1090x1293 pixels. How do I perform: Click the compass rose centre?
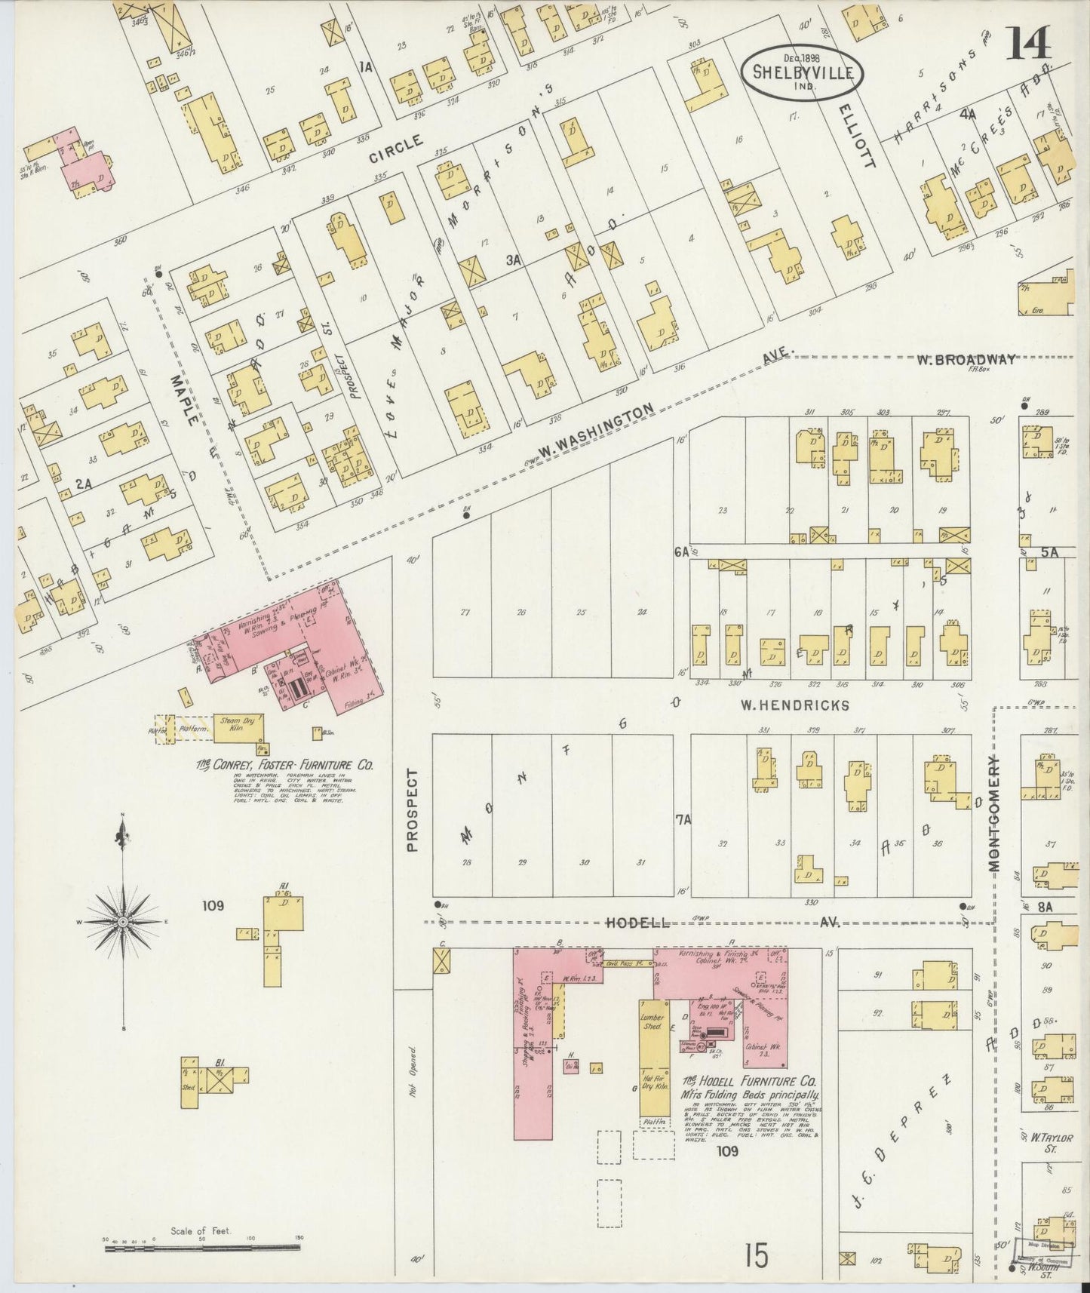pyautogui.click(x=122, y=922)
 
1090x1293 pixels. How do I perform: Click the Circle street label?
pyautogui.click(x=396, y=149)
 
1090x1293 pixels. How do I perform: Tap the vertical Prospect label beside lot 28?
pyautogui.click(x=413, y=811)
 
